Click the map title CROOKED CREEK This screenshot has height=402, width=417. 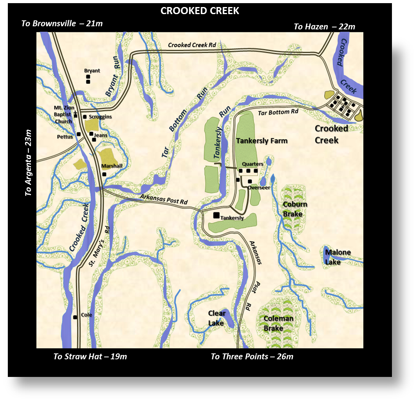tap(200, 11)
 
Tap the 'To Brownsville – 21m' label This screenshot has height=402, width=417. tap(62, 24)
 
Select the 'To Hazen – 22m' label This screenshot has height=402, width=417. tap(324, 27)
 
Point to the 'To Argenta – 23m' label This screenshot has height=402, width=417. tap(28, 163)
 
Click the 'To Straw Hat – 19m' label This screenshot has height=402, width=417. tap(90, 357)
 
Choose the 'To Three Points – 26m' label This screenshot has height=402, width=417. tap(252, 357)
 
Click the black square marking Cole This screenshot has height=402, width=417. tap(75, 317)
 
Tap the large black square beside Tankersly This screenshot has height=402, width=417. tap(216, 215)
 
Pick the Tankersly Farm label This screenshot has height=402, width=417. tap(262, 141)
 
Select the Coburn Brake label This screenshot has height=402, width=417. tap(295, 209)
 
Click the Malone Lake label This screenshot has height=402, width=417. tap(338, 257)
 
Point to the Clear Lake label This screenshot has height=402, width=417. tap(217, 318)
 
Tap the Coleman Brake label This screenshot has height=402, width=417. tap(278, 323)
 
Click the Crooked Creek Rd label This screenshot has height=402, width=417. tap(192, 45)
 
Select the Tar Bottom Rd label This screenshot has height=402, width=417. tap(278, 112)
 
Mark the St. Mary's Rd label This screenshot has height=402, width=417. tap(98, 246)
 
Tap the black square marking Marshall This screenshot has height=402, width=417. tap(105, 174)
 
